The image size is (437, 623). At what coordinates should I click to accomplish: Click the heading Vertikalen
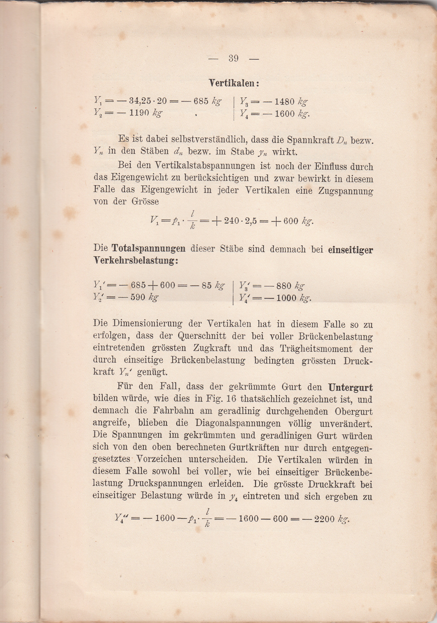tap(233, 83)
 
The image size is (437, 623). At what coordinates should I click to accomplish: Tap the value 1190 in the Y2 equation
tap(139, 113)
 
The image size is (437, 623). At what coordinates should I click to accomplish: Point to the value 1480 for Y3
tap(284, 102)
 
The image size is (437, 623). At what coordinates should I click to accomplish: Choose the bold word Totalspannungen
tap(149, 248)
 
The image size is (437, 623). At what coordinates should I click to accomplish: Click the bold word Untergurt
tap(350, 388)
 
